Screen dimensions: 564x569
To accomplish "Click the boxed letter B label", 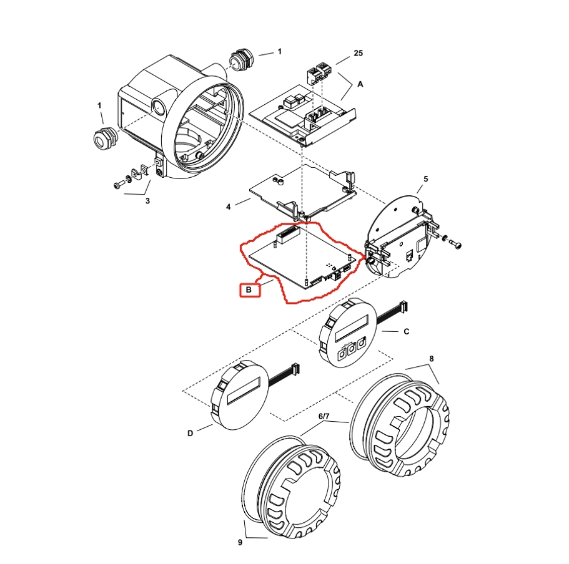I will (x=249, y=290).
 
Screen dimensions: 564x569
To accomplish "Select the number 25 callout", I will (x=358, y=54).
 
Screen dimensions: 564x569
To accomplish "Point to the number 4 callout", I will (x=229, y=205).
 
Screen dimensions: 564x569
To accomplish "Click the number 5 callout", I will (x=425, y=179).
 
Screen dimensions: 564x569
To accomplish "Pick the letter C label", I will (x=406, y=332).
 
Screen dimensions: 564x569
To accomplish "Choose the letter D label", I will (x=190, y=432).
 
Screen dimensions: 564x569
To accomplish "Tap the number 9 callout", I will (x=240, y=542).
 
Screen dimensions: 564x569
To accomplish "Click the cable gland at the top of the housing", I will (x=239, y=61).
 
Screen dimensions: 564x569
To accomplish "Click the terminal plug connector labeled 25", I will (x=318, y=72).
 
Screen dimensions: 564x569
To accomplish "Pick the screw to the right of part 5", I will (x=458, y=244).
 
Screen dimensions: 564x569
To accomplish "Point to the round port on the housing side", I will (x=159, y=107).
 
